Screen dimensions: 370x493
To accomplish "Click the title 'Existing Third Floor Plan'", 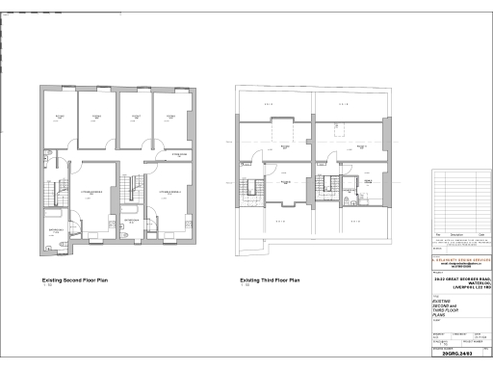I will pos(271,280).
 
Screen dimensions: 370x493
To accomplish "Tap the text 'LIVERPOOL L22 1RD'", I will pos(464,288).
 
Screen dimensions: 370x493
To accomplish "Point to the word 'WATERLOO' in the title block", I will pos(477,283).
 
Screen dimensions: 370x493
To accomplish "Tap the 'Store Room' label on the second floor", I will pos(178,153).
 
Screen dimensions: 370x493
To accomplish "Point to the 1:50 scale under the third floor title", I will pos(245,286).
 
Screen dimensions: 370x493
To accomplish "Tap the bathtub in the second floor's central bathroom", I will pos(129,209).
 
